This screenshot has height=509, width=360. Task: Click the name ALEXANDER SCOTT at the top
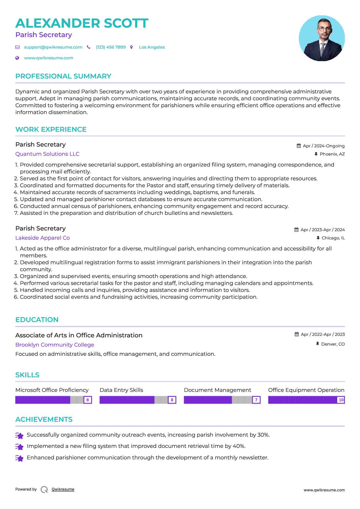point(82,23)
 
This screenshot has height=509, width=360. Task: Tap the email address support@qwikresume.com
point(53,47)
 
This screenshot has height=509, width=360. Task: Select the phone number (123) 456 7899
point(111,47)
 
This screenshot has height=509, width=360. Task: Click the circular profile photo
point(322,38)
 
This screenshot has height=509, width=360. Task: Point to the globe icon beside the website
point(17,58)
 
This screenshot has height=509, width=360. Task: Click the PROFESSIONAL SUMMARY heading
point(63,76)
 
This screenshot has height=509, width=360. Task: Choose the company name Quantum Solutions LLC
point(47,154)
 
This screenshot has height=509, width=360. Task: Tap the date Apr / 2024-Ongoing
point(323,146)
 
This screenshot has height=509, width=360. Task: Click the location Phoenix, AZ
point(332,154)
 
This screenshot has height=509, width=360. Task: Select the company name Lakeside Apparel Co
point(42,238)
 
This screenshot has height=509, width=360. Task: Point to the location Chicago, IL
point(333,238)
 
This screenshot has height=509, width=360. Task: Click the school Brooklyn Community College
point(55,345)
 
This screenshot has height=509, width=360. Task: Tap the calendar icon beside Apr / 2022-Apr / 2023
point(297,334)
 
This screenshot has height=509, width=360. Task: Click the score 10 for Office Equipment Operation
point(341,400)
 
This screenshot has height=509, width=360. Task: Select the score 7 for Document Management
point(256,400)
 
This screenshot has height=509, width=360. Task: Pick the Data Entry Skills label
point(121,390)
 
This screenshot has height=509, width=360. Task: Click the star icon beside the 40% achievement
point(19,447)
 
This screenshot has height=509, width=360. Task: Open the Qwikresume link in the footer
point(63,489)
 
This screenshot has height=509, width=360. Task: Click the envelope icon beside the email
point(17,47)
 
